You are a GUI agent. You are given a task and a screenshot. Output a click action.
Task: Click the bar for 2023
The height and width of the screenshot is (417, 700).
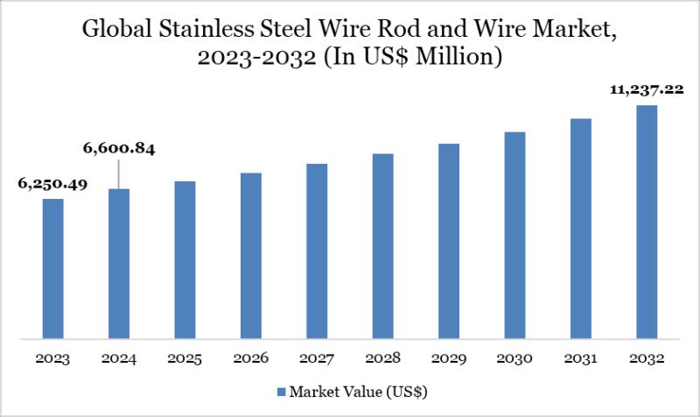52,267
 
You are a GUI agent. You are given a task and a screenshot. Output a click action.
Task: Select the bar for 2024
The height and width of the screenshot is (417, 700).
119,263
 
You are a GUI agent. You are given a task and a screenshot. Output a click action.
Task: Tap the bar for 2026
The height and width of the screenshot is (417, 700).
250,255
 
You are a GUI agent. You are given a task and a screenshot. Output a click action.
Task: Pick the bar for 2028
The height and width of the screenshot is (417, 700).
382,245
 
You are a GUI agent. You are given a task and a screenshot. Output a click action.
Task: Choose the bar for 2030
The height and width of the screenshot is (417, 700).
514,235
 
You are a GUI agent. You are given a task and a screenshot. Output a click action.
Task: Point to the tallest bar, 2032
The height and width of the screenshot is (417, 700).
647,221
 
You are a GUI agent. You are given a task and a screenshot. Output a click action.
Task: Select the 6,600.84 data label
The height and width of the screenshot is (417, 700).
119,150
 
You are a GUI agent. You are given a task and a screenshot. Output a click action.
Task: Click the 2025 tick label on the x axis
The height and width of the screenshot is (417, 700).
185,359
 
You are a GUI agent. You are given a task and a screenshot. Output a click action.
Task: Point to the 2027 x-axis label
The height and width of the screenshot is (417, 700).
317,359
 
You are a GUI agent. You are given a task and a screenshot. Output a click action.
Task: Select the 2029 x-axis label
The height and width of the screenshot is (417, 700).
449,359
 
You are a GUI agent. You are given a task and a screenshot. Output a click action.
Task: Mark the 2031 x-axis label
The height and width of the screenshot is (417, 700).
581,359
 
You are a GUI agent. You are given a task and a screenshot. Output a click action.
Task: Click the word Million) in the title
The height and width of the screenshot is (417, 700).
460,60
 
